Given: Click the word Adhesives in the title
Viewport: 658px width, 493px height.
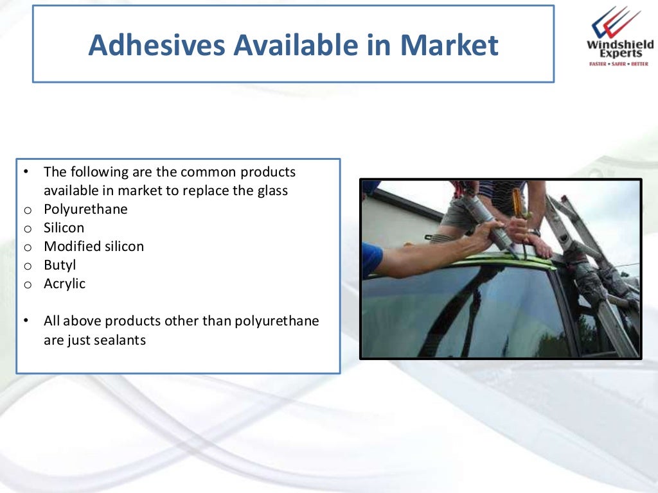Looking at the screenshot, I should [156, 46].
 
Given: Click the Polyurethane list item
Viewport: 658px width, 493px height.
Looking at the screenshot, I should [85, 209].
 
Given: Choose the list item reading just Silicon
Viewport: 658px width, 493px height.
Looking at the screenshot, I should [64, 228].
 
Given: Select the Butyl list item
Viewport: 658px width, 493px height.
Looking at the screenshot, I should [60, 265].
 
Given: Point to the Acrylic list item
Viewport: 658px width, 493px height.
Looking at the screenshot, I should [64, 284].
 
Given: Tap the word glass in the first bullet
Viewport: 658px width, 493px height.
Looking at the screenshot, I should [272, 191].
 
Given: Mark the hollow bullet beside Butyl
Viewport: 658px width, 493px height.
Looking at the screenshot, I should [27, 266].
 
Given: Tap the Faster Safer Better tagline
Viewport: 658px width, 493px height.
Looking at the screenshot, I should [618, 64].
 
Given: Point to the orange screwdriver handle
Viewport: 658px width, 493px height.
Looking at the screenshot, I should [517, 202].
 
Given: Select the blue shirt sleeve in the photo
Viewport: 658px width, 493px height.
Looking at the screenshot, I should [371, 259].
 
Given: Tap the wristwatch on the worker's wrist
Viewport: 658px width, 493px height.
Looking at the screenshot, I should [535, 232].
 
